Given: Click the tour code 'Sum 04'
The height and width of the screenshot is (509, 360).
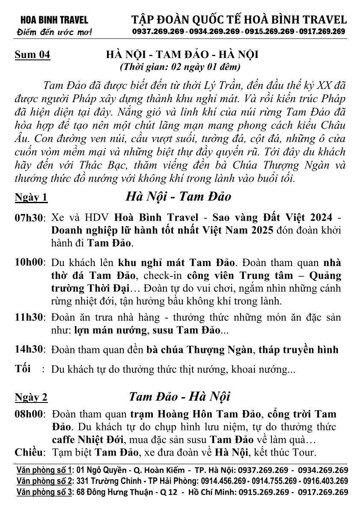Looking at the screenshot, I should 33,55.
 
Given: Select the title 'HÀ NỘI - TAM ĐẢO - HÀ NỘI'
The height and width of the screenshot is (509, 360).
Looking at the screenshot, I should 182,55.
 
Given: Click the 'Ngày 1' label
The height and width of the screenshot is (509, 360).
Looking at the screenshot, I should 31,197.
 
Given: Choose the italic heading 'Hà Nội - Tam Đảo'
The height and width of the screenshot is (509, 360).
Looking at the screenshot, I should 178,196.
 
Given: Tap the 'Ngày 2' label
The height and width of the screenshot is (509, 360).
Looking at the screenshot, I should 31,398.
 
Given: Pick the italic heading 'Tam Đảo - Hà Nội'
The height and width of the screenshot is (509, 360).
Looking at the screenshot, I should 180,397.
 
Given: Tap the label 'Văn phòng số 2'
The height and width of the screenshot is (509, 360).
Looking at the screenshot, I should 45,481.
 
